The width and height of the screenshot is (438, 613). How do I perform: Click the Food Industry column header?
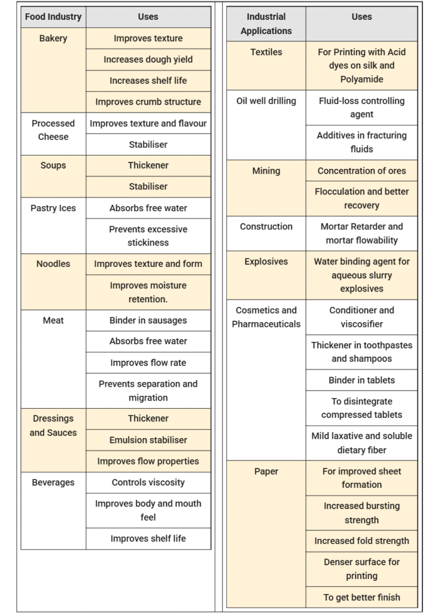click(x=53, y=17)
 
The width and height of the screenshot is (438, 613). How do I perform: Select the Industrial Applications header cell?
click(x=266, y=24)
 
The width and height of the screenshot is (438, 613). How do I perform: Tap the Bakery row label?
click(x=53, y=38)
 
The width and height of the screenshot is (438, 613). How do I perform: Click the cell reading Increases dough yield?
click(x=148, y=59)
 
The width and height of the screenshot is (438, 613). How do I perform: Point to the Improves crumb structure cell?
click(x=148, y=102)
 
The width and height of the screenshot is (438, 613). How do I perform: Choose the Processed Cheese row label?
click(x=53, y=130)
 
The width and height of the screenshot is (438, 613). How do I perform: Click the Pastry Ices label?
click(x=53, y=208)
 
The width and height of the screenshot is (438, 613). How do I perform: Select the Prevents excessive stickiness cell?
click(x=148, y=236)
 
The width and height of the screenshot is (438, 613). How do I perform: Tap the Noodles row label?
click(x=53, y=264)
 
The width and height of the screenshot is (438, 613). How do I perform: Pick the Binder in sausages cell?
click(x=148, y=320)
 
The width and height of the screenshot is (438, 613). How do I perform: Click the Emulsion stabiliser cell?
click(x=148, y=440)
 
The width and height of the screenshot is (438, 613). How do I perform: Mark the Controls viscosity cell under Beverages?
click(x=148, y=482)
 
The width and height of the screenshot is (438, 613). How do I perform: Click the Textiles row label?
click(x=266, y=53)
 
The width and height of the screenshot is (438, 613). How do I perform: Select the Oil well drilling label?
click(x=266, y=101)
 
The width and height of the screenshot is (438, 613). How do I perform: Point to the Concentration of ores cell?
click(x=361, y=171)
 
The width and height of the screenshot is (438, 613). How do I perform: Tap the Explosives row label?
click(x=266, y=262)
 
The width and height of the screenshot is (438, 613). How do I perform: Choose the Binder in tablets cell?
click(x=361, y=380)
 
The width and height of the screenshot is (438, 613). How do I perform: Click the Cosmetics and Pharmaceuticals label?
click(x=266, y=317)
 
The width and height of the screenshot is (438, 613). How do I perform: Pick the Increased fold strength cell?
click(x=361, y=541)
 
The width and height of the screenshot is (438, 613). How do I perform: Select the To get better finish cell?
click(x=361, y=597)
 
